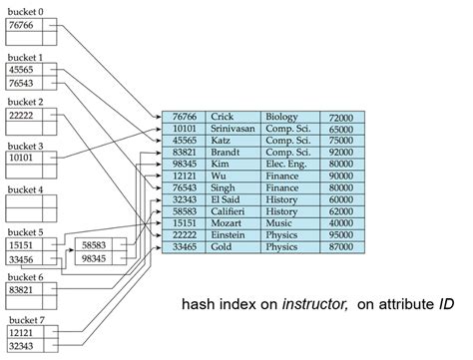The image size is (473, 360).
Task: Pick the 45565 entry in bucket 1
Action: click(22, 70)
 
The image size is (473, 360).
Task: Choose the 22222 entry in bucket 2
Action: click(22, 116)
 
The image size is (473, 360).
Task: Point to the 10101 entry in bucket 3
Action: click(22, 158)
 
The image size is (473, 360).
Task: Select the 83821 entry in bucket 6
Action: click(22, 290)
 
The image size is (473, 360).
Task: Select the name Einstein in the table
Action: click(229, 231)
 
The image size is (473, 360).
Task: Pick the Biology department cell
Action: click(283, 117)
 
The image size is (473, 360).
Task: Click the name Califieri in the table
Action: click(231, 209)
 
